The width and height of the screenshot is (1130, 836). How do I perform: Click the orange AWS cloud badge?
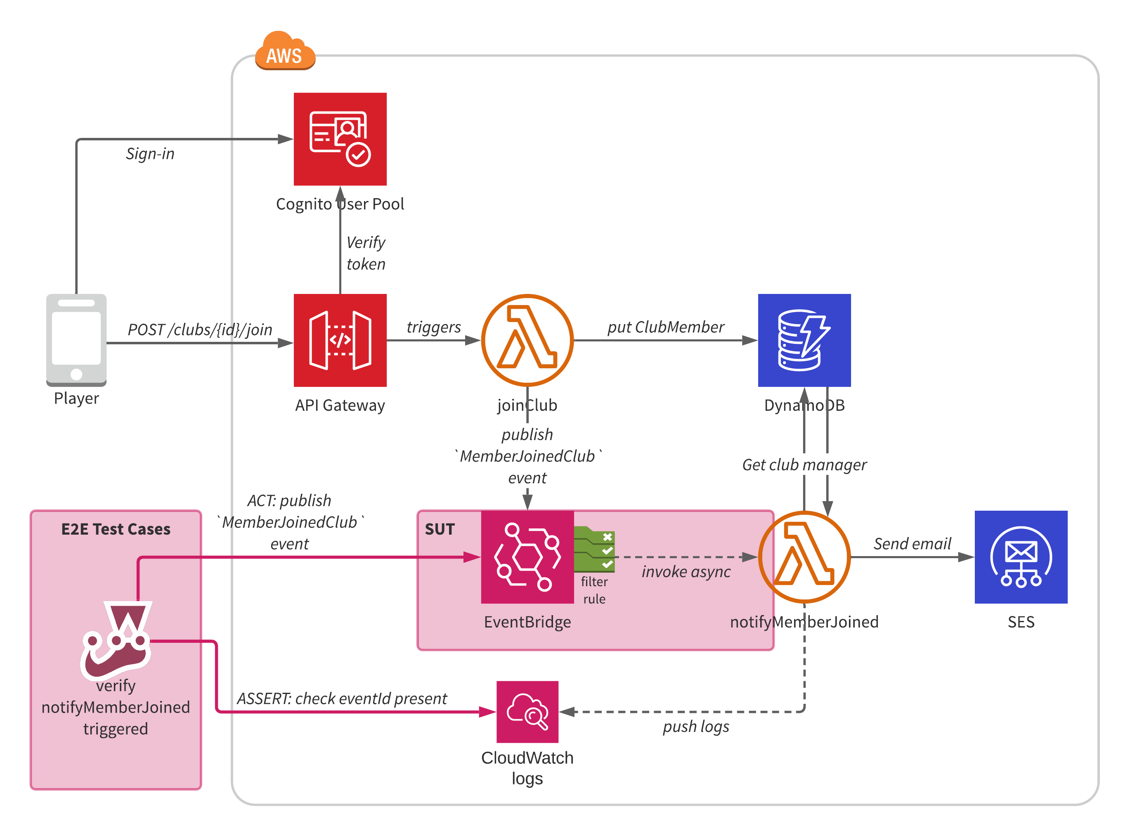285,52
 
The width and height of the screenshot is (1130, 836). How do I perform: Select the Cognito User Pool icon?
340,139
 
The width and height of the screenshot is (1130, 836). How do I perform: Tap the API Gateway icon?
340,340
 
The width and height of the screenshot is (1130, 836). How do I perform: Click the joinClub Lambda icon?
527,340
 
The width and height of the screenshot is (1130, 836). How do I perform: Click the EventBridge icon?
527,557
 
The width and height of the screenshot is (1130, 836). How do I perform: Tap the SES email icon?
1020,557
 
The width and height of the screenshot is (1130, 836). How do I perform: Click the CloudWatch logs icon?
527,711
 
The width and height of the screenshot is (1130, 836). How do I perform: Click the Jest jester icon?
116,640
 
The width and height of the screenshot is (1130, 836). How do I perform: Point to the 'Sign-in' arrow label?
150,153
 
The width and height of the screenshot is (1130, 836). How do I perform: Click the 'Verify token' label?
366,253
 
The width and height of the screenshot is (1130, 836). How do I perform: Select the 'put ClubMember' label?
665,327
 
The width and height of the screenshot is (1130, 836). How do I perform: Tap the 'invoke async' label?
686,571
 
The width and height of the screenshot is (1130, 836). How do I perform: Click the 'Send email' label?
912,543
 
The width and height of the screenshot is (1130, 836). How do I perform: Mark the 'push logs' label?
695,726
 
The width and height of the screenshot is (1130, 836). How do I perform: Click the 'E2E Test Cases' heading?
116,529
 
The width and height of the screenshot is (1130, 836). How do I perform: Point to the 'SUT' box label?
440,529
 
